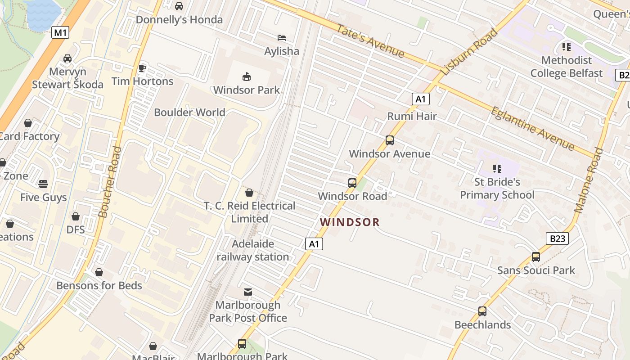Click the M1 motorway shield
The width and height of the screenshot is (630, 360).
tap(60, 32)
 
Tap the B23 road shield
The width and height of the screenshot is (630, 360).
tap(557, 238)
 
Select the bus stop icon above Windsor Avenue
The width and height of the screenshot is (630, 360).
tap(390, 140)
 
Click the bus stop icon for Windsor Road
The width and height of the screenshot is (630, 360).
tap(352, 183)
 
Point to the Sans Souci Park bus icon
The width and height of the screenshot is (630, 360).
tap(535, 257)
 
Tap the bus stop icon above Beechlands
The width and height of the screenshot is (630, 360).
tap(482, 311)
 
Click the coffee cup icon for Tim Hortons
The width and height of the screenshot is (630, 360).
tap(142, 68)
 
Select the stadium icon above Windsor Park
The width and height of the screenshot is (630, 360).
tap(246, 76)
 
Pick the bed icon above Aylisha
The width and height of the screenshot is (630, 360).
tap(282, 38)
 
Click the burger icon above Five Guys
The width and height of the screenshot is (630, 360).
tap(43, 184)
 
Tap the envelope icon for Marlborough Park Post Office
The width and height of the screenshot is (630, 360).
tap(247, 292)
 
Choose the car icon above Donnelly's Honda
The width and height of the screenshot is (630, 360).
tap(179, 6)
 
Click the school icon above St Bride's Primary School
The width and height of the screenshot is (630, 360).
tap(497, 169)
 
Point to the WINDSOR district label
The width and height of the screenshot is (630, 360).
tap(350, 222)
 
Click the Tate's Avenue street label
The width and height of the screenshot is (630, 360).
tap(370, 40)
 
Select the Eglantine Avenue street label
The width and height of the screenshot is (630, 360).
tap(532, 129)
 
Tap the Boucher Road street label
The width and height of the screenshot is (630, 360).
tap(110, 182)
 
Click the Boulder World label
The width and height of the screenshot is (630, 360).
tap(189, 112)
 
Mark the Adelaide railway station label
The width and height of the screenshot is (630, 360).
tap(253, 250)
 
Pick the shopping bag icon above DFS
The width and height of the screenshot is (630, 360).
tap(75, 216)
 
